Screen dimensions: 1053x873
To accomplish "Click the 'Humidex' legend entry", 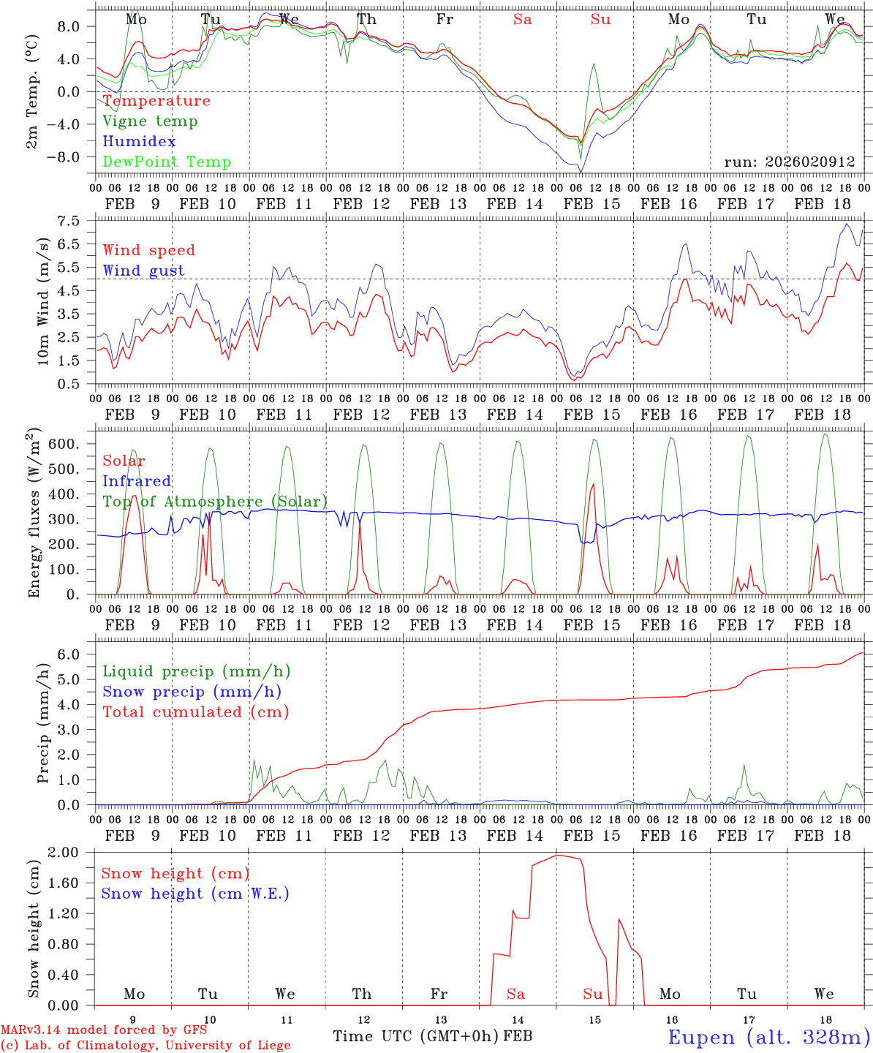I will pyautogui.click(x=139, y=141).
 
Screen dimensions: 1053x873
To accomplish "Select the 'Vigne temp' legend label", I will pyautogui.click(x=150, y=121).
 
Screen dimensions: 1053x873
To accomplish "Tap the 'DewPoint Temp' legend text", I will pyautogui.click(x=167, y=162).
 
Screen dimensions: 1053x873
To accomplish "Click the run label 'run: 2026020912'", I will pyautogui.click(x=789, y=162).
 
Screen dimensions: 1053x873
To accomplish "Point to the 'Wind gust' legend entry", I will pyautogui.click(x=143, y=271).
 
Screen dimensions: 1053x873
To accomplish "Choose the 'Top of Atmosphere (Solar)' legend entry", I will pyautogui.click(x=215, y=502).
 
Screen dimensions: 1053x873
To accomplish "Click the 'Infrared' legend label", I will pyautogui.click(x=137, y=481).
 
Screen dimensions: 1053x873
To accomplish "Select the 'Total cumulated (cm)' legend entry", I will pyautogui.click(x=195, y=712).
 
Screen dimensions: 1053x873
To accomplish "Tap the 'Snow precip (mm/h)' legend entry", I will pyautogui.click(x=192, y=691).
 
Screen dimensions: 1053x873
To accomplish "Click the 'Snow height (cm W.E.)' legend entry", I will pyautogui.click(x=195, y=894).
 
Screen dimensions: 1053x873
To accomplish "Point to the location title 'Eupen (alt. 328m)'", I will pyautogui.click(x=768, y=1037).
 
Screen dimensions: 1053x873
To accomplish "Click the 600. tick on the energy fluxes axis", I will pyautogui.click(x=75, y=444).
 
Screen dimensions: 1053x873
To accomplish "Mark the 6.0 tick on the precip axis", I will pyautogui.click(x=77, y=654).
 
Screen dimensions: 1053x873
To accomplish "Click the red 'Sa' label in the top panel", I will pyautogui.click(x=522, y=20).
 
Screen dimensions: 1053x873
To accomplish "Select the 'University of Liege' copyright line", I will pyautogui.click(x=145, y=1045).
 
